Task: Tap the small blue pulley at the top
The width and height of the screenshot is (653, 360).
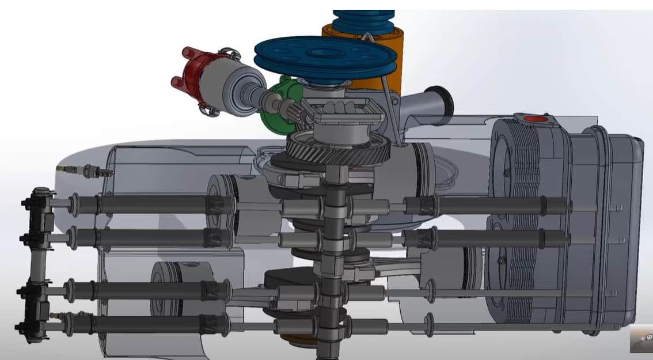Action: [363, 20]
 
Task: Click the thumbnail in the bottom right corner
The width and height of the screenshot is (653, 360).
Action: [641, 339]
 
